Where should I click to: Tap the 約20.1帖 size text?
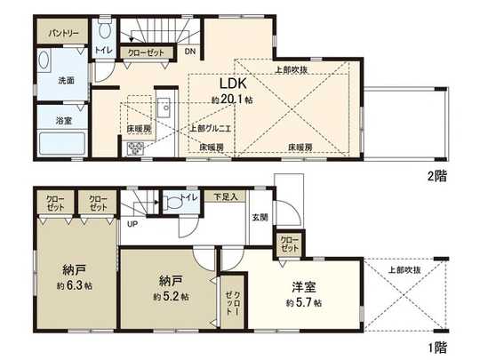click(x=229, y=101)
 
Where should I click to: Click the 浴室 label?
click(x=64, y=120)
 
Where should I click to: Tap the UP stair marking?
click(x=132, y=224)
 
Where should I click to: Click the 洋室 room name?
click(x=305, y=288)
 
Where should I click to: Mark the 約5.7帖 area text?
click(x=305, y=303)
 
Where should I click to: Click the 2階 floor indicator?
click(x=436, y=175)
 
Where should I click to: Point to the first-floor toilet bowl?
click(x=176, y=204)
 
